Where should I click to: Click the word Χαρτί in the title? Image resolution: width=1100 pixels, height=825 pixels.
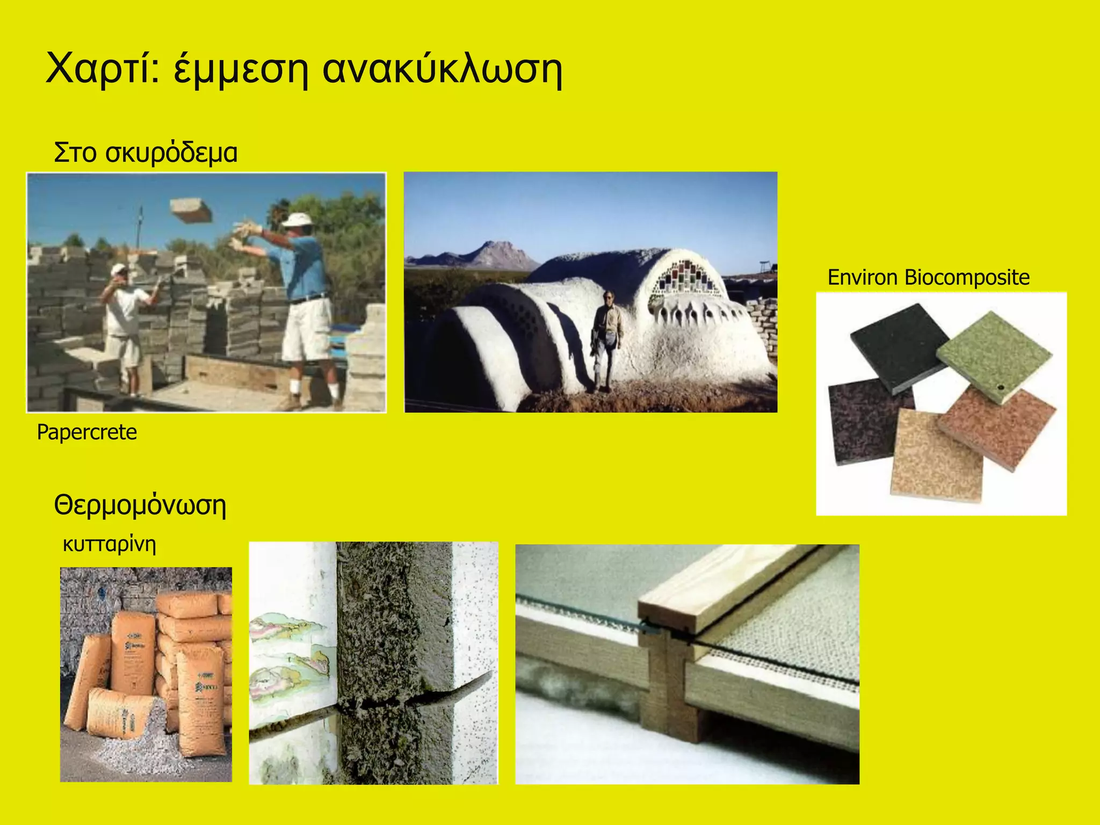[x=102, y=69]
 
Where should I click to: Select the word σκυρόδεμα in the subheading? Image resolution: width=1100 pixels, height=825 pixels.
[x=171, y=153]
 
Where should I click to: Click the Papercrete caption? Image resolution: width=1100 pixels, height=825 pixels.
[x=86, y=432]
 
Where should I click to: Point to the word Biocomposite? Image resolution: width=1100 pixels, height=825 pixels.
[x=967, y=278]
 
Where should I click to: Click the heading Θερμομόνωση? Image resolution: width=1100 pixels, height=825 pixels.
[x=140, y=505]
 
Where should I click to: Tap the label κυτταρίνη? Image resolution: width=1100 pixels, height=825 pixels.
[x=109, y=544]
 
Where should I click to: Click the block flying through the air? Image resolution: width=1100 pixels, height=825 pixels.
[x=191, y=210]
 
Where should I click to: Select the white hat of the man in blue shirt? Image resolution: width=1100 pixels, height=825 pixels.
[x=300, y=221]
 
